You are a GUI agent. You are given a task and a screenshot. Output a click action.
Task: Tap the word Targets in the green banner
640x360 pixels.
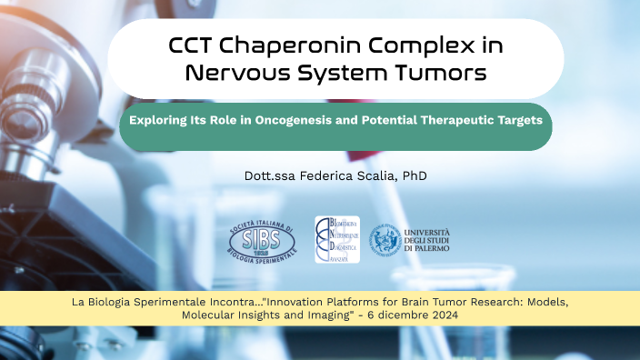point(517,120)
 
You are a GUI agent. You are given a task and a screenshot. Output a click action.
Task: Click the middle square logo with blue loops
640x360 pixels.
point(337,239)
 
